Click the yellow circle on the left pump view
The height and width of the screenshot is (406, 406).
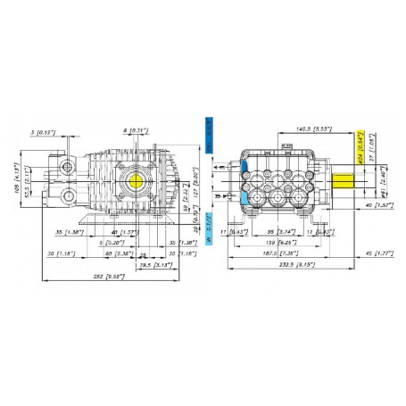137,178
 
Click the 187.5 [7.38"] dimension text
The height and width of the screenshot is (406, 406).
284,253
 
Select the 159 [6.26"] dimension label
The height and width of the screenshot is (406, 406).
286,242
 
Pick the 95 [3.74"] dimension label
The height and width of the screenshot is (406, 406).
283,230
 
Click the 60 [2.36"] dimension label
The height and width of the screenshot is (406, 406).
112,253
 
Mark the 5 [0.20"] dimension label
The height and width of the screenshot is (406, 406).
112,242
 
